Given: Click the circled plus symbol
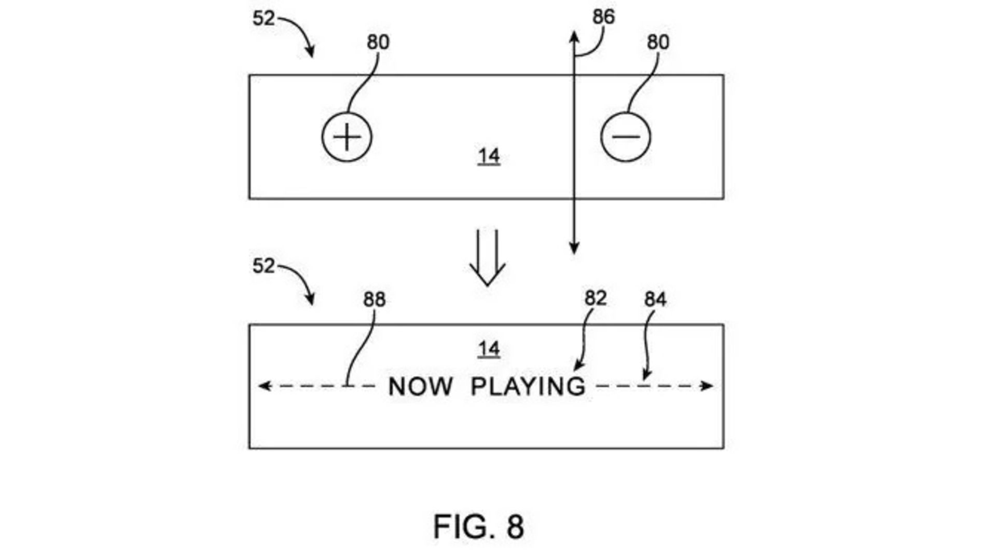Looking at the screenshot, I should point(347,138).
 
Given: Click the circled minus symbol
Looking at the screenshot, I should point(625,138).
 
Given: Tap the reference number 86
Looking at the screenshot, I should point(603,17).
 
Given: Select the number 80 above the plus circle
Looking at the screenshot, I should point(378,42).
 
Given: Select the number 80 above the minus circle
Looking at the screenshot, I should point(658,42).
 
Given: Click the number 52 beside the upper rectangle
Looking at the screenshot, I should point(264,19).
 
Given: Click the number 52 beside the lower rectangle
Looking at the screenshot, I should point(264,266).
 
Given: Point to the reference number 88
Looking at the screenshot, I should point(374,299).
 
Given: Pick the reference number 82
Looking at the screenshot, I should point(596,298).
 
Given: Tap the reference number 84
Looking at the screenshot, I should point(655,299).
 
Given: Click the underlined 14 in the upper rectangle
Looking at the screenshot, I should point(489,156).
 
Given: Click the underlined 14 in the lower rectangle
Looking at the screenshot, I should point(489,349).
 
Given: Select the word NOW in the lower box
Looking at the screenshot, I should point(420,387).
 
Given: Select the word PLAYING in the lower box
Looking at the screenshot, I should point(528,387).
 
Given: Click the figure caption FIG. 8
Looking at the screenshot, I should point(478,526).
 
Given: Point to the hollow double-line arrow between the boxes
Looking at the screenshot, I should point(487,257).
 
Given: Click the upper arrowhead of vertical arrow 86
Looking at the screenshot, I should point(574,36).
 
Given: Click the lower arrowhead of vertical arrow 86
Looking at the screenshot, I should point(574,249).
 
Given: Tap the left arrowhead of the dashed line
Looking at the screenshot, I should point(264,386).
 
